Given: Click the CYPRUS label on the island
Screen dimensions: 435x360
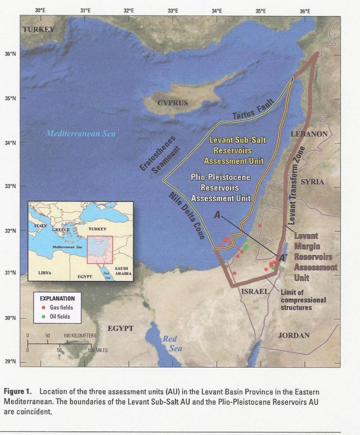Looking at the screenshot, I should [172, 103].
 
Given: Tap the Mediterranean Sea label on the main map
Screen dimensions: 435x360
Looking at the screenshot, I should [81, 133].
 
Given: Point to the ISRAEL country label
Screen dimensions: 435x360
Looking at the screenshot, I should [255, 291].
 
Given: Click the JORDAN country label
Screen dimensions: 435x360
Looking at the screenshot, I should [294, 335].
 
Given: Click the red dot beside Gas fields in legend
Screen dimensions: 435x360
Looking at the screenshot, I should [44, 307].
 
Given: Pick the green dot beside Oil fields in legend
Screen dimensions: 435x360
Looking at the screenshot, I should [44, 316].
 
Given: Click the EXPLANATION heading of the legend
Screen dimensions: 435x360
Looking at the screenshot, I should [57, 298].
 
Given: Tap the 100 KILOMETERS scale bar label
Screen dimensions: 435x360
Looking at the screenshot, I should [80, 336].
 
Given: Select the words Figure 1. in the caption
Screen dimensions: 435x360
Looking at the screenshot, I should [21, 391].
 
